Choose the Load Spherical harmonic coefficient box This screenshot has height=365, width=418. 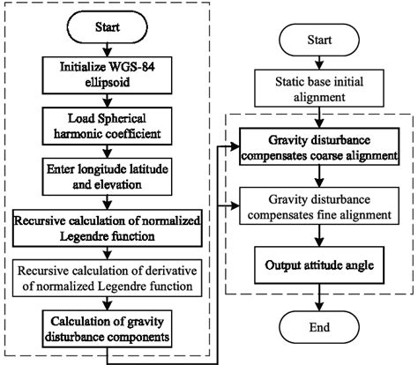(x=108, y=123)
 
